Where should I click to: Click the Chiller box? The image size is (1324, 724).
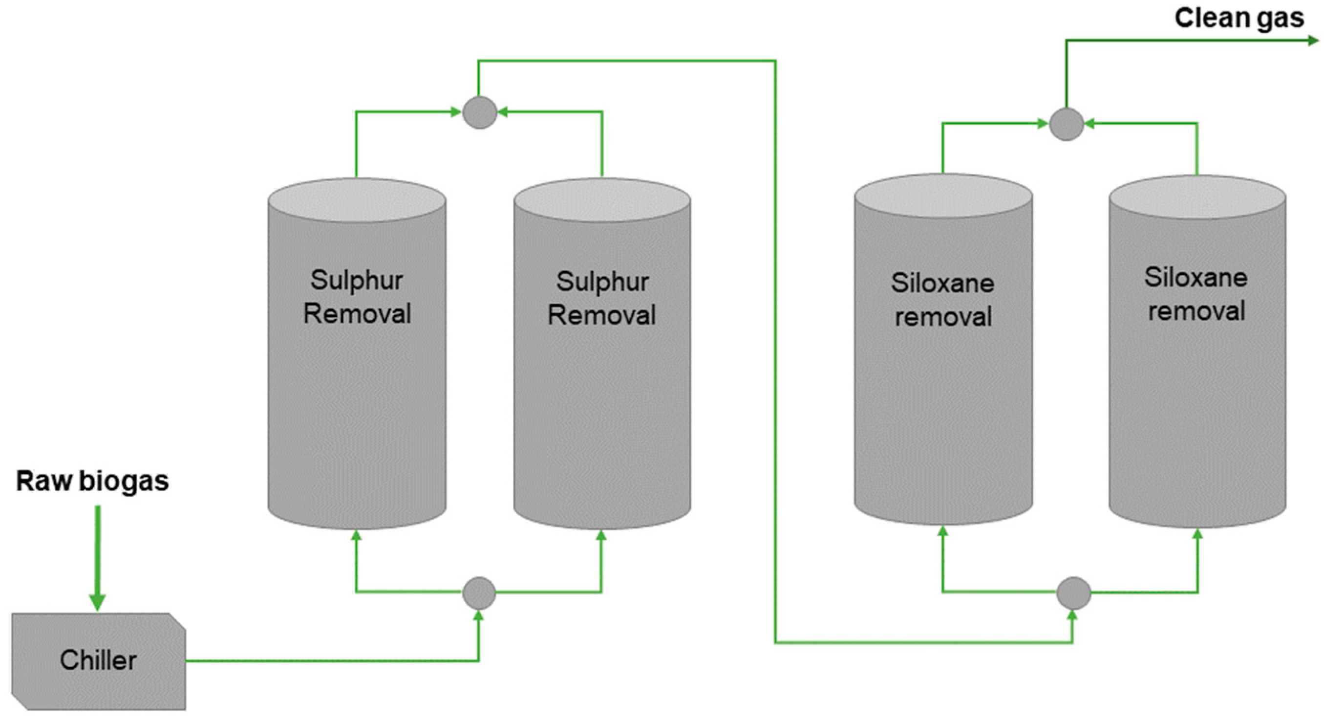[x=98, y=661]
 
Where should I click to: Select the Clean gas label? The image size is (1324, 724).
[x=1239, y=19]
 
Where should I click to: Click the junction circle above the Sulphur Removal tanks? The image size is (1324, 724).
[x=480, y=112]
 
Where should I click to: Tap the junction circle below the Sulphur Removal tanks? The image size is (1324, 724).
[x=479, y=592]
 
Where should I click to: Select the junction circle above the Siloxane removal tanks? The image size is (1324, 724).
[x=1066, y=124]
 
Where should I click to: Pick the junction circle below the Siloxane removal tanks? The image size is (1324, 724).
[x=1073, y=593]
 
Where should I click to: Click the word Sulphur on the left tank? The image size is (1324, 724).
[x=356, y=281]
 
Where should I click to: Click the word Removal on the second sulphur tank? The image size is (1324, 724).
[x=601, y=315]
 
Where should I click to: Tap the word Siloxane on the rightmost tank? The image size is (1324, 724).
[x=1196, y=278]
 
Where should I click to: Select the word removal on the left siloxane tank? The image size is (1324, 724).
[x=943, y=316]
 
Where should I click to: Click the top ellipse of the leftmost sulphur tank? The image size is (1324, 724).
[x=357, y=200]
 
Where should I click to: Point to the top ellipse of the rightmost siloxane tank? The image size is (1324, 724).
[x=1197, y=197]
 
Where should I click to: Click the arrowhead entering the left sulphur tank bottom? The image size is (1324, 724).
[x=356, y=536]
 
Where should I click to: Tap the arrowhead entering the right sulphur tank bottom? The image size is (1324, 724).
[x=601, y=536]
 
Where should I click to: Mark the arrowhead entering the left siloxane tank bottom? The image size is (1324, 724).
[x=942, y=531]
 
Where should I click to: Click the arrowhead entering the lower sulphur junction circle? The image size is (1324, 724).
[x=478, y=615]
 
